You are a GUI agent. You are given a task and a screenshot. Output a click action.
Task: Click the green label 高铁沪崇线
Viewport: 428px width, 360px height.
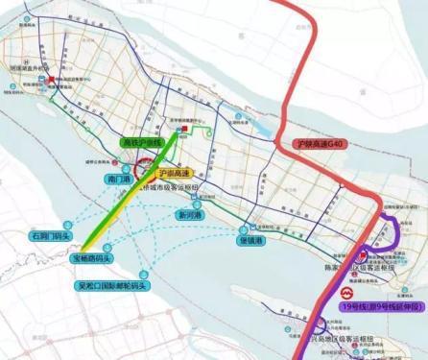click(142, 142)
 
